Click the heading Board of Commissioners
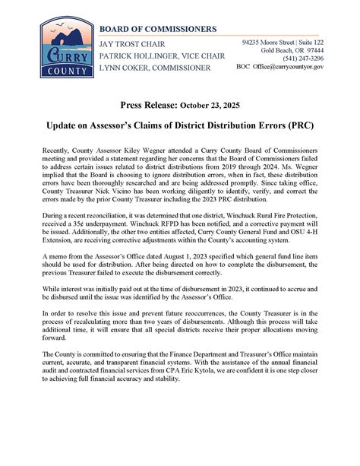157,29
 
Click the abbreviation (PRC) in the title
299,122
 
